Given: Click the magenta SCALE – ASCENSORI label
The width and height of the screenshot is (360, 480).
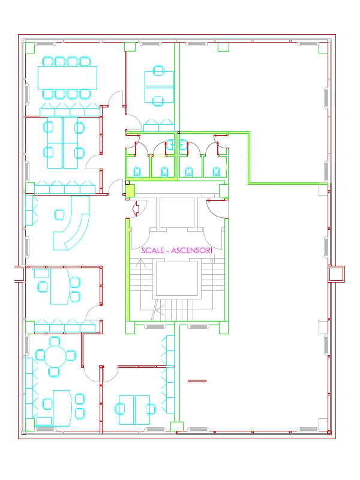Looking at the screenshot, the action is pos(176,250).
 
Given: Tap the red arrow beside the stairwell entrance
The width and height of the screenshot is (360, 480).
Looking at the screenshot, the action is pos(136,208).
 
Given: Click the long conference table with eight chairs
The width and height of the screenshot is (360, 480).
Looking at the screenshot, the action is pos(67,78).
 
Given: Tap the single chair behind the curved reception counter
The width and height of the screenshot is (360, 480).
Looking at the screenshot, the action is pos(59,214).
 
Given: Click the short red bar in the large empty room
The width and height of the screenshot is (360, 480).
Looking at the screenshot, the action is pos(197,381).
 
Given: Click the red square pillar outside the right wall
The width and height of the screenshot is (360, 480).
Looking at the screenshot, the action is pos(336,274).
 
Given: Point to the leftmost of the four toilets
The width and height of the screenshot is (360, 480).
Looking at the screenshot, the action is pos(137,172).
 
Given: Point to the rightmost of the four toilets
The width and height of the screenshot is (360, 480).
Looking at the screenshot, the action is pos(216,172).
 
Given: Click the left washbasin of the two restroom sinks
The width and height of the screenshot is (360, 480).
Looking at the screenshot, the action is pos(170,145).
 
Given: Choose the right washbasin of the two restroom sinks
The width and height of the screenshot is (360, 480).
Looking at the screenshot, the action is pos(184,145).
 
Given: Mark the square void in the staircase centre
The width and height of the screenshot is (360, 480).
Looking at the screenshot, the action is pos(176,278).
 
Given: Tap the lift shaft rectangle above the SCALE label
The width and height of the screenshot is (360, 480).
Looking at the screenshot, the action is pos(176,212).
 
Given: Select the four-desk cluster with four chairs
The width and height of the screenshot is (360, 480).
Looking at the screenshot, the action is pos(63,143).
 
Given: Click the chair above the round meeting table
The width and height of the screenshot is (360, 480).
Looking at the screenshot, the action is pos(55,341).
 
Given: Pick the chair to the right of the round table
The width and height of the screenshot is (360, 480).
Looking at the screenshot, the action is pos(71,356).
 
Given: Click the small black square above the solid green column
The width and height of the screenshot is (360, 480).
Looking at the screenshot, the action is pos(128,183).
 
